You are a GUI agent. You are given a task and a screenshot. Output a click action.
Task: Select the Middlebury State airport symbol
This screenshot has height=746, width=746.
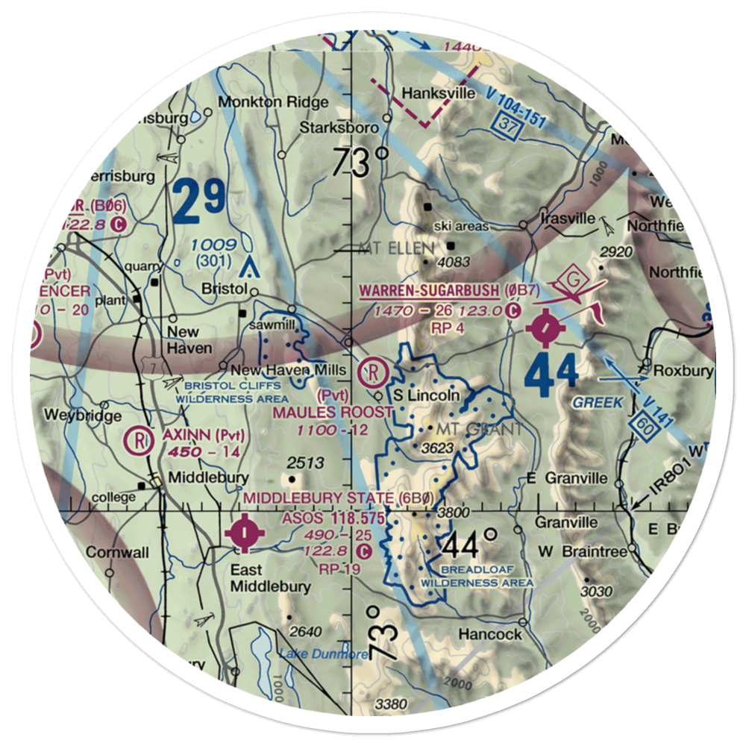(x=247, y=533)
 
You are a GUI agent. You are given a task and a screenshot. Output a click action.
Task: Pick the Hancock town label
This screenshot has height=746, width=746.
(x=490, y=634)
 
